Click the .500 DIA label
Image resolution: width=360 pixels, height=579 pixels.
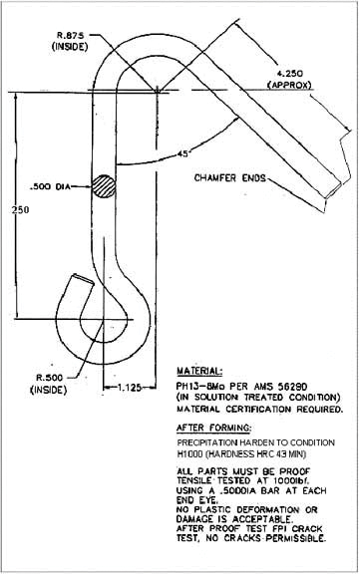(x=51, y=185)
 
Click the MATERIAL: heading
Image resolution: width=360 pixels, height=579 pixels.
(x=202, y=368)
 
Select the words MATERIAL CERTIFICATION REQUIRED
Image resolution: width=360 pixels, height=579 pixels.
(x=259, y=408)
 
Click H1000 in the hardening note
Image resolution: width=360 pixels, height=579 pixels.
(x=190, y=454)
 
